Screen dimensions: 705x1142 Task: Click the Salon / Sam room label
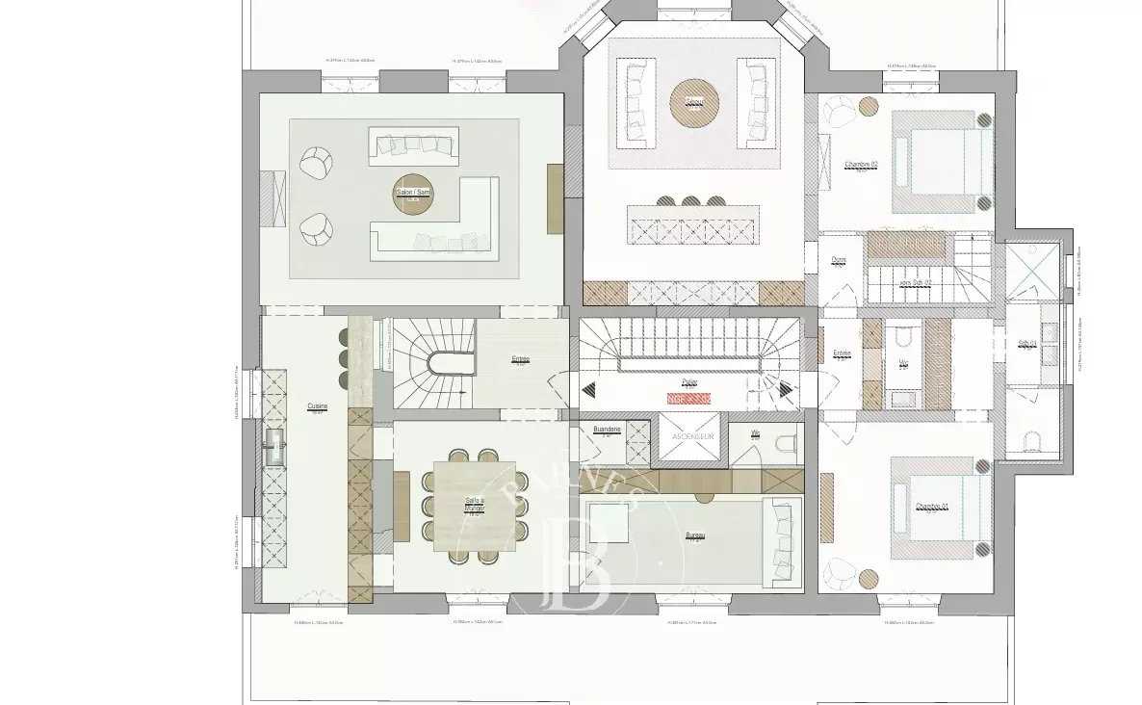coord(413,193)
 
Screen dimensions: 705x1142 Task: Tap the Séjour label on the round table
coord(694,101)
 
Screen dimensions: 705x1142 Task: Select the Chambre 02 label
coord(860,164)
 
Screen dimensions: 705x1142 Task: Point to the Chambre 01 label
coord(931,507)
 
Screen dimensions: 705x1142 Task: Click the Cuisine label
coord(318,406)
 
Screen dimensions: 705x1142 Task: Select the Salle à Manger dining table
coord(475,507)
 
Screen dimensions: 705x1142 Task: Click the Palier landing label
coord(688,382)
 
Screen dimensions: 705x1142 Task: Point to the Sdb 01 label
coord(1027,342)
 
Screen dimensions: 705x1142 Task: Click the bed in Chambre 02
coord(942,162)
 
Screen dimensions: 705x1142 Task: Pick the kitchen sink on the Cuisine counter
coord(275,445)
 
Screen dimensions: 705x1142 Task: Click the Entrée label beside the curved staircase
coord(520,359)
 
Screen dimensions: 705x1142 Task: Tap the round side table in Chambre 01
coord(869,577)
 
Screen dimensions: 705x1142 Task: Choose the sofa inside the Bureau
coord(781,541)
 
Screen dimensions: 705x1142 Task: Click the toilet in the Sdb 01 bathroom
coord(1031,442)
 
